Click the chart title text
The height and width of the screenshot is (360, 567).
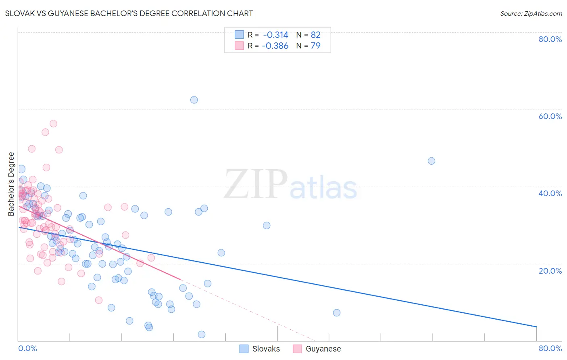[129, 13]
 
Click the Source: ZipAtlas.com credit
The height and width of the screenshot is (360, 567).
[531, 13]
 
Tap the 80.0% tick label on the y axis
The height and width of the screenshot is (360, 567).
[550, 39]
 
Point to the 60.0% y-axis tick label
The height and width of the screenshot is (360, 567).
[550, 116]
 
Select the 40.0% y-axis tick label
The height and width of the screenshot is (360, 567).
[550, 193]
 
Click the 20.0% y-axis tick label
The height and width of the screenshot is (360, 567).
[550, 271]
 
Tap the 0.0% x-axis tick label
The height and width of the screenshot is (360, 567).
[27, 348]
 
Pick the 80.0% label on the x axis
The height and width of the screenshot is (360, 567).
[550, 348]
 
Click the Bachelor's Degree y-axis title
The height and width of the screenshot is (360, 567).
[11, 184]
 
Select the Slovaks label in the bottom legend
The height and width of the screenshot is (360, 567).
[266, 349]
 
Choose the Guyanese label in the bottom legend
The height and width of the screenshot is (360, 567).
[323, 349]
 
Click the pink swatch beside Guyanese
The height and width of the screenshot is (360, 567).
[297, 349]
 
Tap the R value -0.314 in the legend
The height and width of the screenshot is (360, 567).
[275, 35]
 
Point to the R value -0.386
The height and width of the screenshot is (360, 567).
[275, 46]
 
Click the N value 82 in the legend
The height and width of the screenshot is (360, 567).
[315, 35]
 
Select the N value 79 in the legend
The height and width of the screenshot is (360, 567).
[315, 46]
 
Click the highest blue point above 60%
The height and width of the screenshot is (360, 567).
[194, 100]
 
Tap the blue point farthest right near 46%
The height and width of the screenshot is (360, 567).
[432, 161]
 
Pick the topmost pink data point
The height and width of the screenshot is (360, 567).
[53, 123]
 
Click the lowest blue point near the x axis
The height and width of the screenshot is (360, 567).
[202, 334]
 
